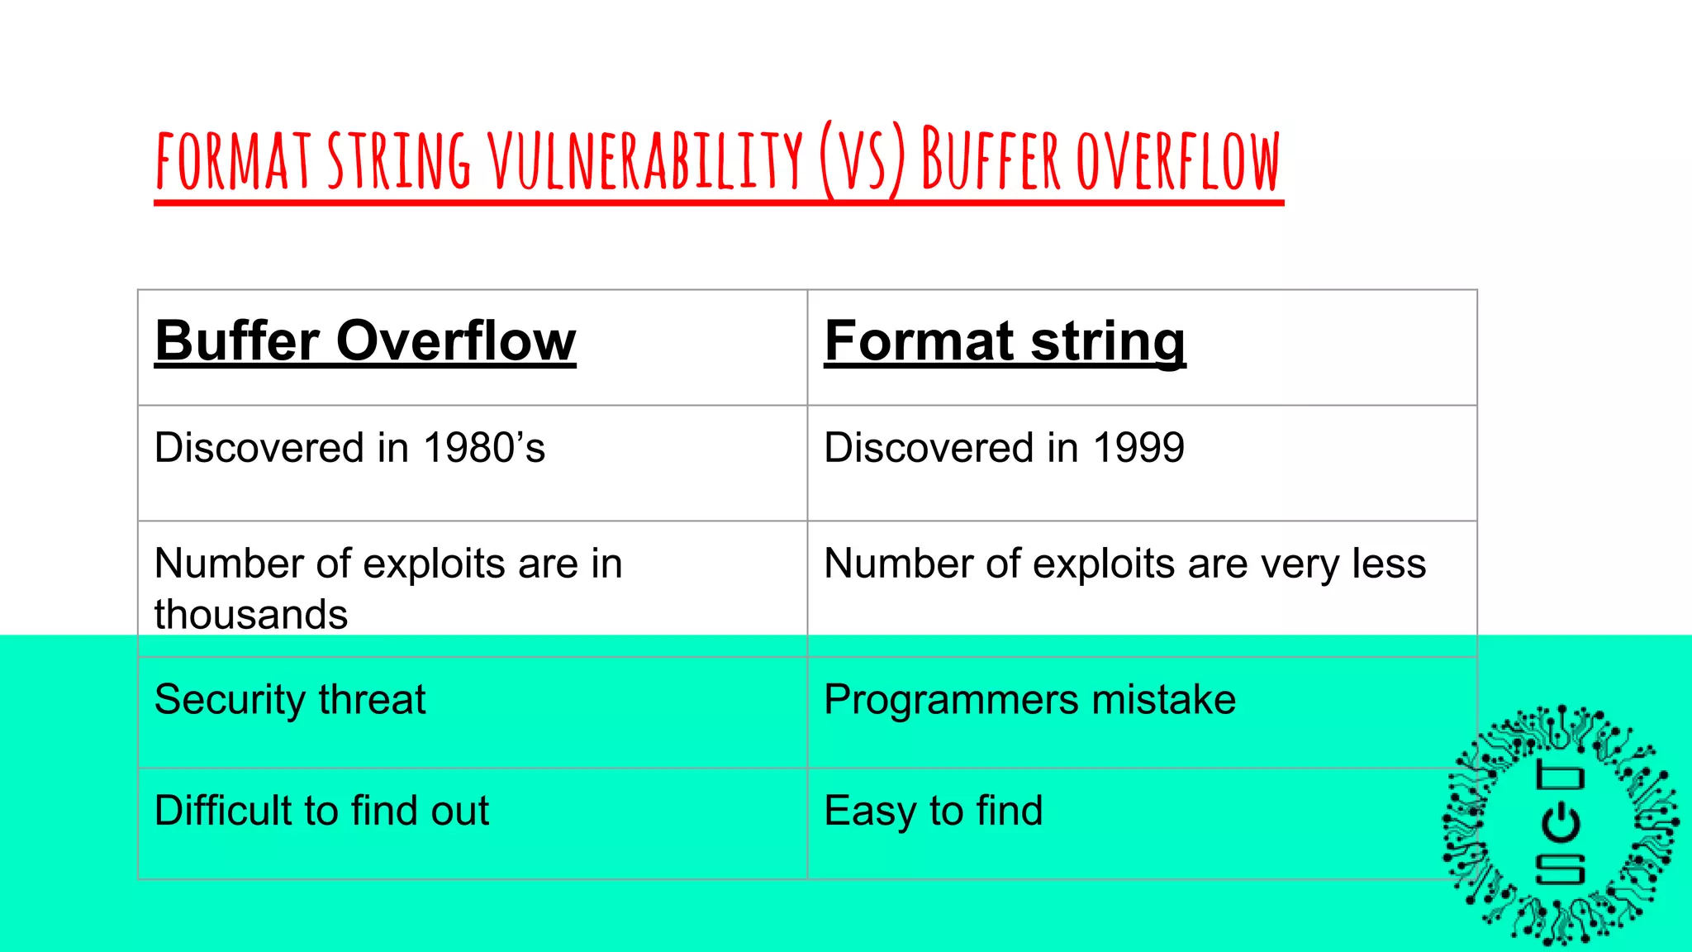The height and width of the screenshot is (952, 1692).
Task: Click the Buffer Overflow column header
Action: click(x=365, y=340)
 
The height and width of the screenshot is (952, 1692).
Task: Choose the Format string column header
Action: click(x=1005, y=340)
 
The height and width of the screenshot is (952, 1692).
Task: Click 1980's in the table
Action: click(x=484, y=448)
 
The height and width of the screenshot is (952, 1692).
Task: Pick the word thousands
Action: click(x=251, y=615)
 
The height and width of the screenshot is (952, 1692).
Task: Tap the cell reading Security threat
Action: click(x=290, y=700)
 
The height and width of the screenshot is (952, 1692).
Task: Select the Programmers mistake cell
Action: click(x=1029, y=700)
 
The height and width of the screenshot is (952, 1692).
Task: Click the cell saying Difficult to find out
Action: click(x=321, y=811)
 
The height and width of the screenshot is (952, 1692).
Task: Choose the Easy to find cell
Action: click(x=934, y=811)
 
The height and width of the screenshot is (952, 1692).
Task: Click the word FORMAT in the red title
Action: click(x=233, y=160)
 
